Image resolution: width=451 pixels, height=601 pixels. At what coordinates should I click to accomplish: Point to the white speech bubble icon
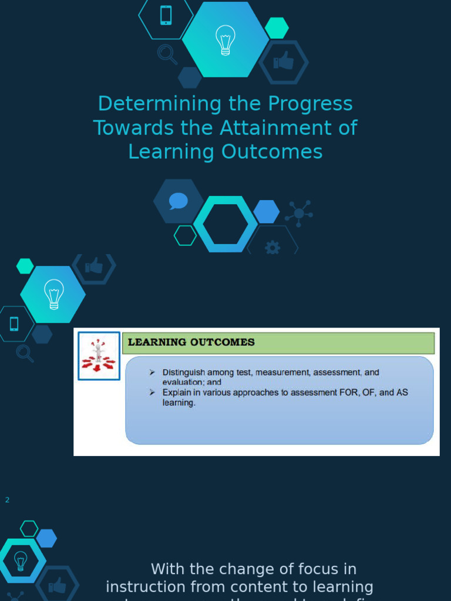tap(178, 201)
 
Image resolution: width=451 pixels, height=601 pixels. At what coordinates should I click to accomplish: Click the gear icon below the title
tap(272, 248)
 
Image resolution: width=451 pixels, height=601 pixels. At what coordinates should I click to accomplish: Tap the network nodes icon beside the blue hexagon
tap(299, 213)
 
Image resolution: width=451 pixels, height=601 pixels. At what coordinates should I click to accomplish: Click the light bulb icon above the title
tap(225, 40)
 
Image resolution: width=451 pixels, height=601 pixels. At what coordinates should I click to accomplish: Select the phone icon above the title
tap(166, 15)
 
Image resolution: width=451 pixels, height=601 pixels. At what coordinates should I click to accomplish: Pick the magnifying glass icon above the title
tap(167, 54)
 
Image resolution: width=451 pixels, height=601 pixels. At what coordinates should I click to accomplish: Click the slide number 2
tap(8, 500)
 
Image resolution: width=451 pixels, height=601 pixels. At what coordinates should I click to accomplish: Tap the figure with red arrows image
tap(99, 356)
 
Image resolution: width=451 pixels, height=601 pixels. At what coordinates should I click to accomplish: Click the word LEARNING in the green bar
tap(157, 342)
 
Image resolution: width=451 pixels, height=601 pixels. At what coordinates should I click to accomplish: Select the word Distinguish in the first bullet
tap(186, 373)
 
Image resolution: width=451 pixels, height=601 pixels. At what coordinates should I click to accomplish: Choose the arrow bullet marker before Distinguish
tap(152, 372)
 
